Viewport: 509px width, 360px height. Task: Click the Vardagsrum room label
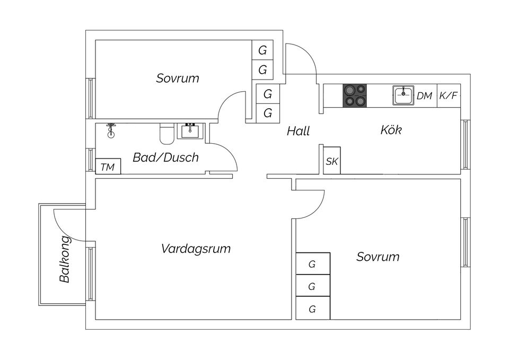coord(196,249)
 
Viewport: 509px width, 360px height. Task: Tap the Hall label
coord(299,131)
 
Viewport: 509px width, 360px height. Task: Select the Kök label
coord(391,130)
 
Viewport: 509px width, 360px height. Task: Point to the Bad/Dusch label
coord(165,157)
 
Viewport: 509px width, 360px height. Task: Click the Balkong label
coord(65,259)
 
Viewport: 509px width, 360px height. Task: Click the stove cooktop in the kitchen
coord(355,95)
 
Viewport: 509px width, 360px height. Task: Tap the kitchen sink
coord(403,95)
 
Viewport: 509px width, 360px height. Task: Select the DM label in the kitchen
coord(425,96)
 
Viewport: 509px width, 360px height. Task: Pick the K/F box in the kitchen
coord(449,96)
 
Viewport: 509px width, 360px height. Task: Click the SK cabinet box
coord(332,161)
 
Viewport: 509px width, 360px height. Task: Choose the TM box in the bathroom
coord(108,166)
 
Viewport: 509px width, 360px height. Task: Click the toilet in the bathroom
coord(167,134)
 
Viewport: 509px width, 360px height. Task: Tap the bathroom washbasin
coord(191,131)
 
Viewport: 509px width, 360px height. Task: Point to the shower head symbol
coord(111,130)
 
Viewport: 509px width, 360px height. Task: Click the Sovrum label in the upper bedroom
coord(178,78)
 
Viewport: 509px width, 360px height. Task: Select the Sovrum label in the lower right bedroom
coord(378,257)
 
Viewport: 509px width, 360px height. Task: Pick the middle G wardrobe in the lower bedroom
coord(313,286)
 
